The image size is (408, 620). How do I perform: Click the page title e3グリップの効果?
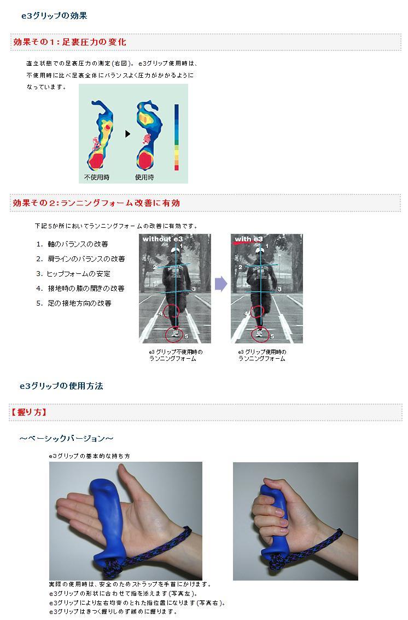pos(54,16)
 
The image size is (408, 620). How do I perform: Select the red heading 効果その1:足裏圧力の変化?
pos(69,42)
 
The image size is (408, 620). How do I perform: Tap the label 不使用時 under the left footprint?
pos(97,177)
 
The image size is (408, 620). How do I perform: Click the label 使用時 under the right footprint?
pos(144,177)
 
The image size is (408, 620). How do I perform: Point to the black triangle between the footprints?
pos(127,134)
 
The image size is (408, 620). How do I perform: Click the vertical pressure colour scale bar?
pos(177,137)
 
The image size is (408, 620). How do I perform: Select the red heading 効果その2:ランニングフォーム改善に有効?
pos(96,203)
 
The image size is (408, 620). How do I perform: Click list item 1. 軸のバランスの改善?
pos(72,244)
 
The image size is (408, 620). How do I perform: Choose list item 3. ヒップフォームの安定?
pos(73,274)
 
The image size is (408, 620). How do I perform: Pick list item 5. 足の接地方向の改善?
pos(74,303)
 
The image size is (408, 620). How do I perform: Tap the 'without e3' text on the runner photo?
pos(162,239)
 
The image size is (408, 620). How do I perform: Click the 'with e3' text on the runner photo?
pos(248,239)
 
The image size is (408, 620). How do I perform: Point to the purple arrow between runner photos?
pos(221,284)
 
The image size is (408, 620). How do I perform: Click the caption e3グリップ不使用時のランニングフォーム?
pos(176,355)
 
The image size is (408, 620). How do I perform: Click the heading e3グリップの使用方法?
pos(61,386)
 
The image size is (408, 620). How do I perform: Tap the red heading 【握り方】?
pos(28,412)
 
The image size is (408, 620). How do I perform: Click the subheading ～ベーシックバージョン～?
pos(66,439)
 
